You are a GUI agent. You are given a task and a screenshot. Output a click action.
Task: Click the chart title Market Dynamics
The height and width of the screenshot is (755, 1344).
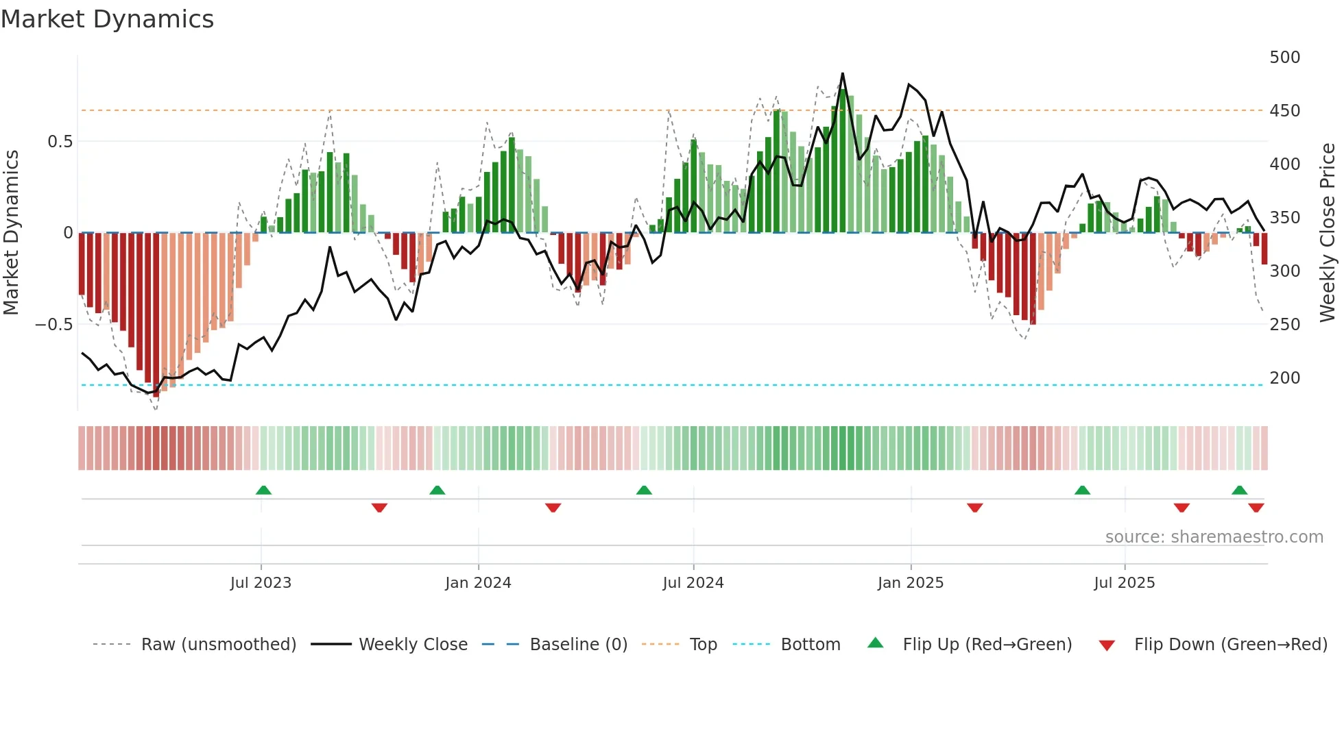click(x=108, y=19)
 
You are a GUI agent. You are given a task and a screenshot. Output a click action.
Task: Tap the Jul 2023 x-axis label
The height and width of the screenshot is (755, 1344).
click(x=261, y=583)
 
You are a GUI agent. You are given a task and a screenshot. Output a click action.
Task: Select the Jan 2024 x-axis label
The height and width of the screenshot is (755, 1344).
click(x=478, y=583)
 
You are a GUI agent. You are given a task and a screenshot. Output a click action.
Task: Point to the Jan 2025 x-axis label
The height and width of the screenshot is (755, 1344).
click(x=911, y=583)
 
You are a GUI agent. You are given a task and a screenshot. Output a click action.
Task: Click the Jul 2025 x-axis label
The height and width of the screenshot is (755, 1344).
click(x=1125, y=583)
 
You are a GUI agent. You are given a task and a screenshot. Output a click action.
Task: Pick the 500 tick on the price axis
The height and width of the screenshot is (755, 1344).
click(x=1284, y=58)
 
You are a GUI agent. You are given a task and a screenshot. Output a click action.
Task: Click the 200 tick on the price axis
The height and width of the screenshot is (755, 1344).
click(x=1284, y=378)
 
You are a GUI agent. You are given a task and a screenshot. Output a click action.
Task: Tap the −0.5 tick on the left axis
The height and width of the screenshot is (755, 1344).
click(x=53, y=325)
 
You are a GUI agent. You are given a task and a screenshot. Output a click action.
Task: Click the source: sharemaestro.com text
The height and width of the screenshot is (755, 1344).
click(x=1214, y=537)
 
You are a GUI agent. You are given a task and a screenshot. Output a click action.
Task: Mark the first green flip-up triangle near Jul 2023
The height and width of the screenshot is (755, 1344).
click(x=263, y=490)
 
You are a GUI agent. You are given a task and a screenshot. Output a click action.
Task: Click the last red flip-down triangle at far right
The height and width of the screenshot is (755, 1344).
click(x=1256, y=508)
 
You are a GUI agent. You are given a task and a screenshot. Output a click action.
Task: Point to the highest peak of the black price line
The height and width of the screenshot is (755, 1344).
click(x=843, y=74)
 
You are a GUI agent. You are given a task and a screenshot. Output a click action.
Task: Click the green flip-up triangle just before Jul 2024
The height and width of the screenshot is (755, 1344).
click(x=644, y=490)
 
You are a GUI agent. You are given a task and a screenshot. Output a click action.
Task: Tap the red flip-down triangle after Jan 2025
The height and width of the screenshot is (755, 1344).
click(x=975, y=508)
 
